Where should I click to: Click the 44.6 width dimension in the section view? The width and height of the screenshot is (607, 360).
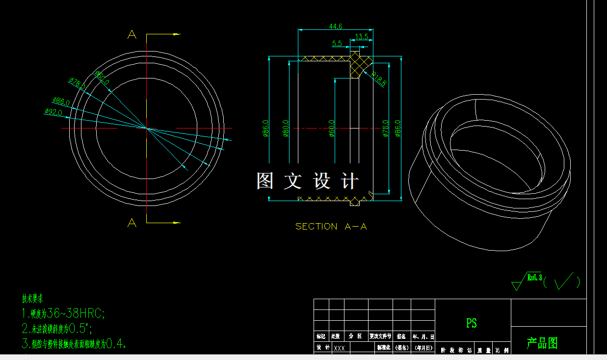tap(336, 26)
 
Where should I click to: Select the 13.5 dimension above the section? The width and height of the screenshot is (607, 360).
tap(362, 37)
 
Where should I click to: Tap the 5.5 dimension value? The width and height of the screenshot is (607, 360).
tap(337, 44)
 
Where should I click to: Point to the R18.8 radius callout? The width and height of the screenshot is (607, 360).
tap(378, 79)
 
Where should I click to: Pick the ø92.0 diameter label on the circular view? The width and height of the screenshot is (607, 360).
tap(53, 112)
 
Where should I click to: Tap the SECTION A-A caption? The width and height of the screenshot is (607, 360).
tap(331, 227)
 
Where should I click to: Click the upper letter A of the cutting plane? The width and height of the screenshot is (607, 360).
tap(132, 35)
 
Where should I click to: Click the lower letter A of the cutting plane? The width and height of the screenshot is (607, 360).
tap(132, 223)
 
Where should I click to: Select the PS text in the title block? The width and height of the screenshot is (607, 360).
tap(472, 323)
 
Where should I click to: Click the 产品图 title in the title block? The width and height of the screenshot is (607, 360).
tap(542, 343)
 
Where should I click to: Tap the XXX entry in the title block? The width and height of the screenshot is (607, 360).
tap(339, 348)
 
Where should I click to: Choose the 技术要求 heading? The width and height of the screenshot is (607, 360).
tap(32, 298)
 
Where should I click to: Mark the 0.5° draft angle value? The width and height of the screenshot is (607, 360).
tap(79, 328)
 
